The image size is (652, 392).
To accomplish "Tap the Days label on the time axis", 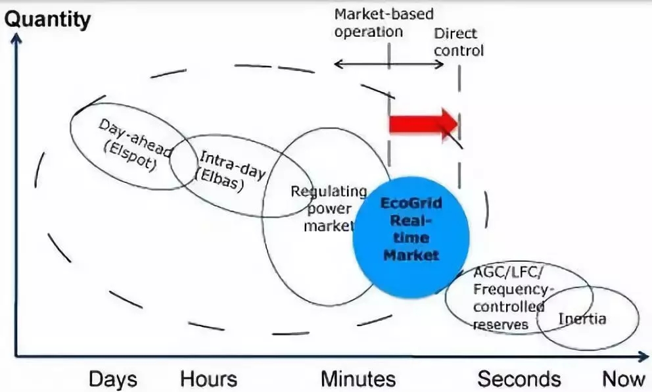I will pyautogui.click(x=113, y=379).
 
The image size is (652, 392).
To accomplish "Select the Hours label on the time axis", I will pyautogui.click(x=208, y=379).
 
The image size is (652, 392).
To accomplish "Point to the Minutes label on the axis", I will pyautogui.click(x=358, y=379).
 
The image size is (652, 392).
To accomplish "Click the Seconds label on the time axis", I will pyautogui.click(x=519, y=379).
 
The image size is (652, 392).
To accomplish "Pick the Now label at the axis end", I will pyautogui.click(x=624, y=379).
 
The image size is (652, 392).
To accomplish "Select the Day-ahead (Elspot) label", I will pyautogui.click(x=132, y=145).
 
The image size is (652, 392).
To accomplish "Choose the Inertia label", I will pyautogui.click(x=582, y=320).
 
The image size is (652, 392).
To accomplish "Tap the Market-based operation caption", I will pyautogui.click(x=384, y=23).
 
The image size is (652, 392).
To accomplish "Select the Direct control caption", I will pyautogui.click(x=458, y=42).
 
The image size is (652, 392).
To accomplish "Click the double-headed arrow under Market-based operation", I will pyautogui.click(x=389, y=64).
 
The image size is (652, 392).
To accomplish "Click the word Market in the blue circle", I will pyautogui.click(x=411, y=255).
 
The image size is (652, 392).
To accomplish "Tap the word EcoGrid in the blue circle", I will pyautogui.click(x=411, y=203).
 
